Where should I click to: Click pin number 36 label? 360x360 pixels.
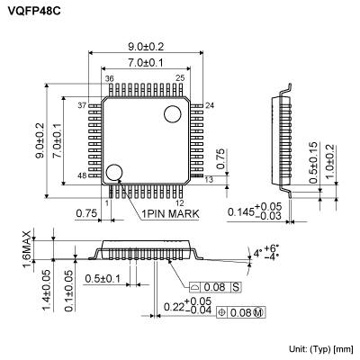[108, 79]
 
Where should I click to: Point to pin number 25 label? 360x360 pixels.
[180, 79]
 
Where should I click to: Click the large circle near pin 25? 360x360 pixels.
[171, 112]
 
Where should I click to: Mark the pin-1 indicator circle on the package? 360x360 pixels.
[114, 172]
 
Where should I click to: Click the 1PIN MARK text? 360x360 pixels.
[170, 214]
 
